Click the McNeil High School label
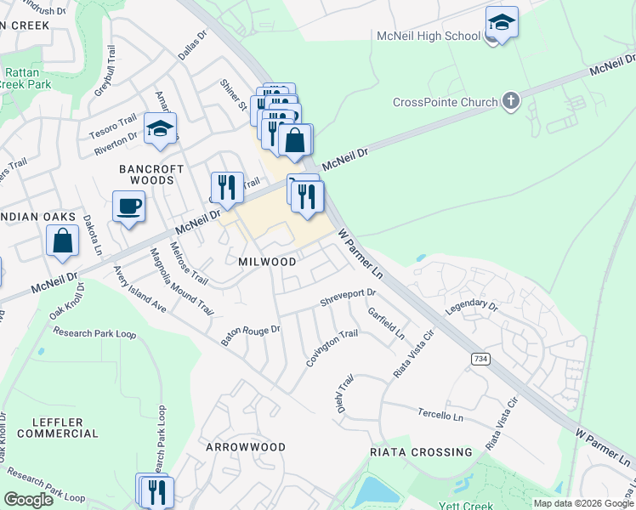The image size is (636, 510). point(427,36)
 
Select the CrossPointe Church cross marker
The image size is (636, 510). point(510,102)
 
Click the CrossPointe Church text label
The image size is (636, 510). point(445,103)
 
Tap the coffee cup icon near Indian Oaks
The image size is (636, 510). point(128,206)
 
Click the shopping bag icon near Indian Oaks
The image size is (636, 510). point(63,241)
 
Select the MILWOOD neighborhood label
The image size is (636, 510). point(267,262)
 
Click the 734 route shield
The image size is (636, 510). point(480,360)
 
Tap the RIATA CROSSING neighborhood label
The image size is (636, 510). point(421,452)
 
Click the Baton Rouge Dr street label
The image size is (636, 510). point(250,336)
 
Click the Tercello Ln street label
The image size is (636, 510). point(440,417)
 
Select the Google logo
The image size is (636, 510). point(28,499)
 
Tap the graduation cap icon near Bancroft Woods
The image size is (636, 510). point(159,127)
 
